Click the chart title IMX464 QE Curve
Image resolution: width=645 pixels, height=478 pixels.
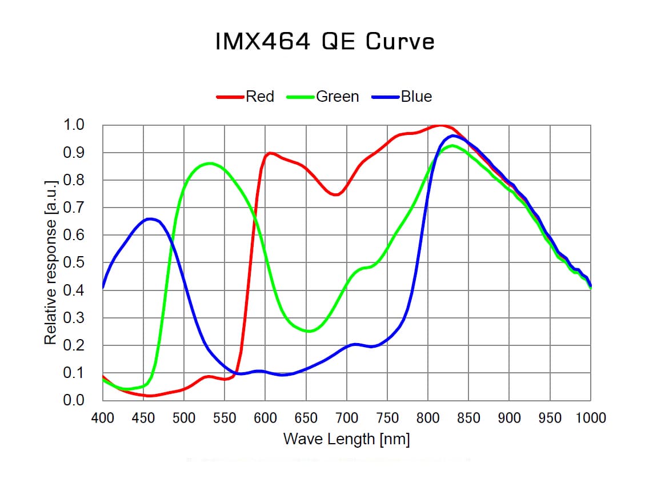[x=325, y=42]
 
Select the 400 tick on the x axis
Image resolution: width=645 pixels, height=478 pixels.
[x=103, y=418]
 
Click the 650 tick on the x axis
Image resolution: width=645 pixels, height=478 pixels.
[x=306, y=418]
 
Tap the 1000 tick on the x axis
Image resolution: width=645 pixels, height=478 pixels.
[x=591, y=418]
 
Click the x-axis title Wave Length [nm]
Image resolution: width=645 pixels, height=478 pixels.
[x=346, y=440]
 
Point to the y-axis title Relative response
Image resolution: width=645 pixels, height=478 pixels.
[x=51, y=262]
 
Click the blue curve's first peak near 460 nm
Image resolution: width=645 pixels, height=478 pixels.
[x=150, y=218]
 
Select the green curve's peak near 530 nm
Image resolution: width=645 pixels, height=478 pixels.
[x=210, y=163]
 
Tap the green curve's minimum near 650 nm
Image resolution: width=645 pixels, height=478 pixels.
[x=309, y=331]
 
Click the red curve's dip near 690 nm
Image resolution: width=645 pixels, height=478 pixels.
[x=336, y=194]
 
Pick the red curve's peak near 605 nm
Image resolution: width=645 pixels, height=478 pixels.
[x=270, y=153]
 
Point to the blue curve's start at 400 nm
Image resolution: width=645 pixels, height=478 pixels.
[x=103, y=287]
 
